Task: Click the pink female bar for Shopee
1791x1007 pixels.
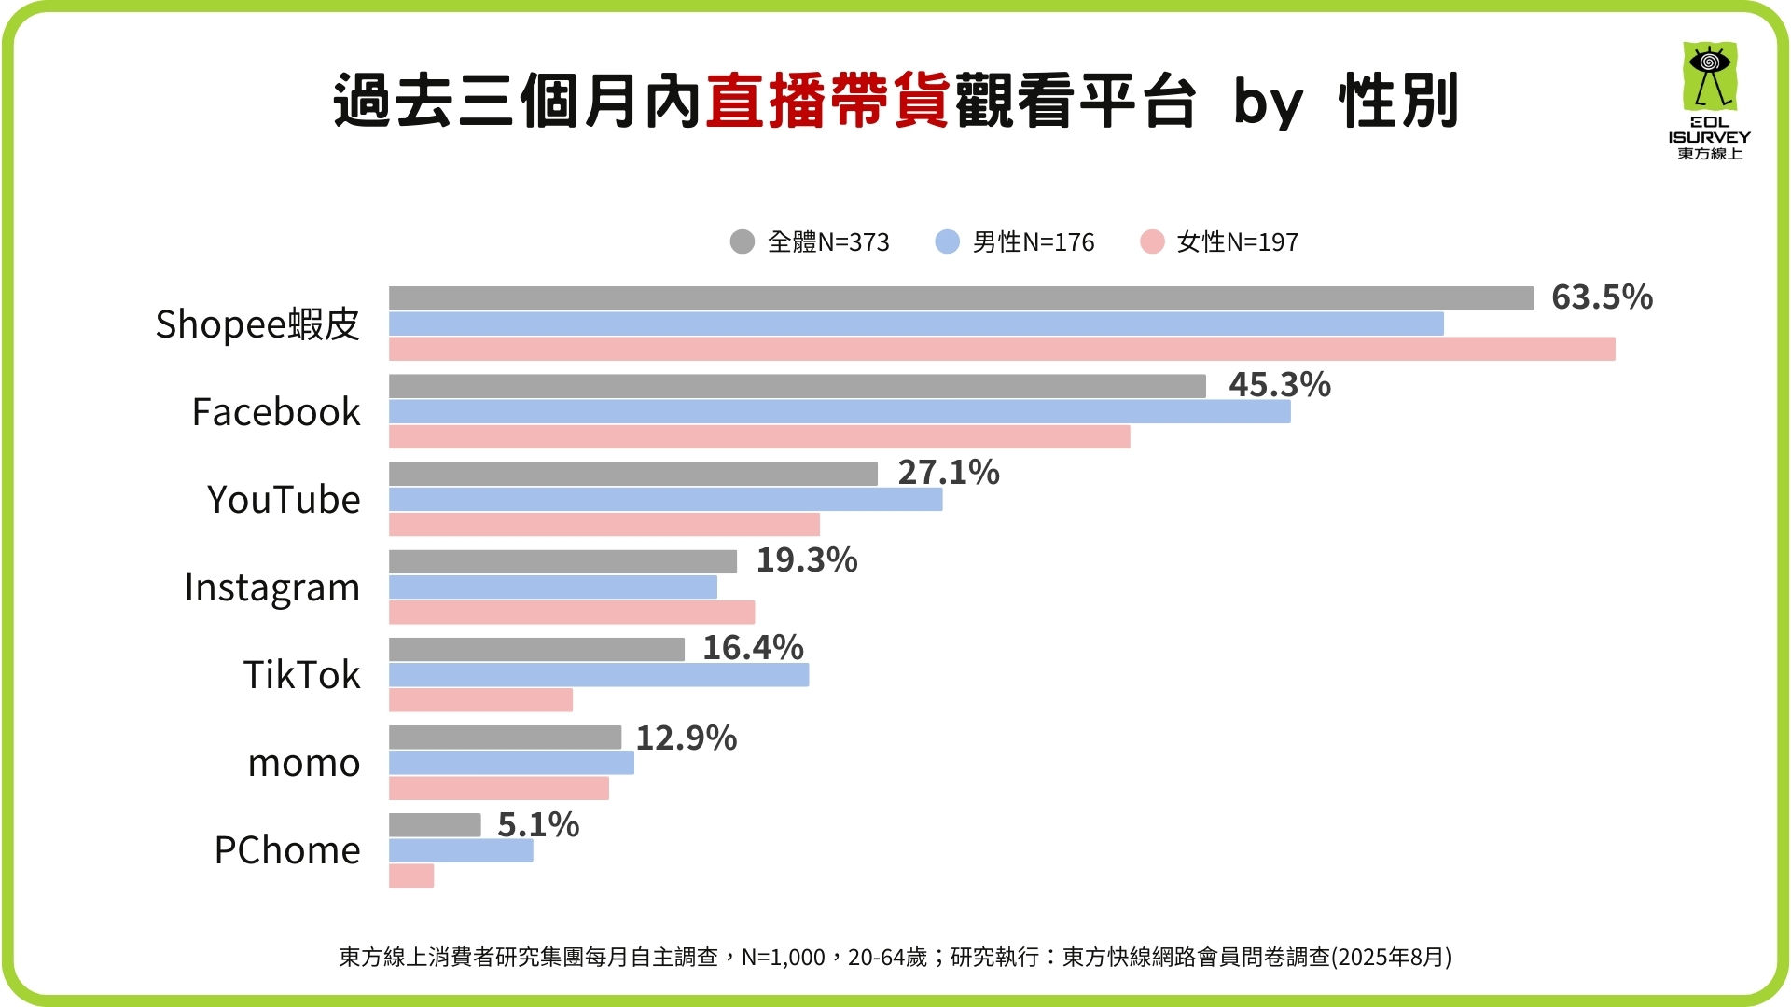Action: tap(1001, 349)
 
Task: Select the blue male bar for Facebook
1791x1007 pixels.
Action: tap(840, 411)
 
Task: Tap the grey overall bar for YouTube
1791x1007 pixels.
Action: tap(632, 474)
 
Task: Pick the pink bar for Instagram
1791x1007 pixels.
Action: tap(571, 612)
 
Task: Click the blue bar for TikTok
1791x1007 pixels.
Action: tap(598, 674)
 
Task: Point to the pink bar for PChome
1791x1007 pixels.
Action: tap(411, 876)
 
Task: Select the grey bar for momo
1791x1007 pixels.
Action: tap(505, 737)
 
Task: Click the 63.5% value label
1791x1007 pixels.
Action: tap(1601, 297)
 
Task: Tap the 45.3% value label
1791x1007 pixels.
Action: tap(1279, 384)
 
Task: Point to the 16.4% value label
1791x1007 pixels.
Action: tap(752, 647)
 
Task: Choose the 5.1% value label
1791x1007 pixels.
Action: tap(537, 824)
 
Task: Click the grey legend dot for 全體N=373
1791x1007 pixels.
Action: tap(742, 241)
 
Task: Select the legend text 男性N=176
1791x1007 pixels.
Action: tap(1033, 242)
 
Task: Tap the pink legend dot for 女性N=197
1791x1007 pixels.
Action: tap(1152, 241)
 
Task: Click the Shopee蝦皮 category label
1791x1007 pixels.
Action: tap(257, 324)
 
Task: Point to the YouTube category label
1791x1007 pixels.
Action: tap(284, 500)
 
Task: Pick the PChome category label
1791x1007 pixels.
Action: tap(286, 850)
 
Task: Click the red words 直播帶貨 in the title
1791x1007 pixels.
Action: tap(827, 101)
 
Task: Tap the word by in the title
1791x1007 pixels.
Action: tap(1267, 103)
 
